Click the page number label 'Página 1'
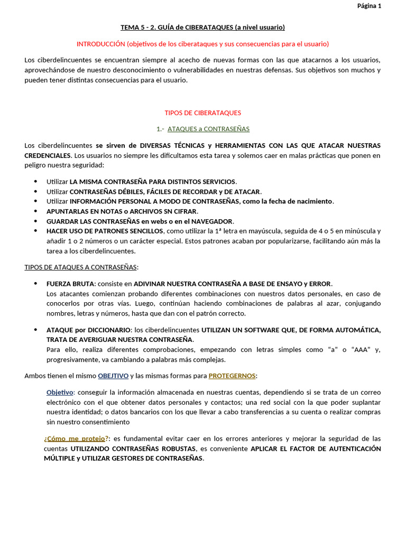pyautogui.click(x=368, y=6)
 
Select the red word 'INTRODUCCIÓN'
pyautogui.click(x=100, y=43)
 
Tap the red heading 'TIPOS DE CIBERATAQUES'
pyautogui.click(x=202, y=113)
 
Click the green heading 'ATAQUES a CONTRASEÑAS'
pyautogui.click(x=208, y=129)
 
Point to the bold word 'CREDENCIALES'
pyautogui.click(x=48, y=155)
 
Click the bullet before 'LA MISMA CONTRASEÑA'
pyautogui.click(x=35, y=181)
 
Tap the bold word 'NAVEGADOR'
pyautogui.click(x=212, y=221)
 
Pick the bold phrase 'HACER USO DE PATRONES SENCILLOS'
pyautogui.click(x=105, y=231)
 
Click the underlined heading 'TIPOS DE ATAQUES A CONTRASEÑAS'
pyautogui.click(x=81, y=267)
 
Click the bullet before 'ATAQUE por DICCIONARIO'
pyautogui.click(x=35, y=330)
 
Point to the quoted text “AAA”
pyautogui.click(x=363, y=350)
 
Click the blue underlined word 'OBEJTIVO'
pyautogui.click(x=113, y=376)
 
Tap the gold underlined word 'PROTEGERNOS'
pyautogui.click(x=232, y=376)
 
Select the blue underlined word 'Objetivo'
pyautogui.click(x=60, y=393)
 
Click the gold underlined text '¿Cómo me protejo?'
pyautogui.click(x=76, y=439)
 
